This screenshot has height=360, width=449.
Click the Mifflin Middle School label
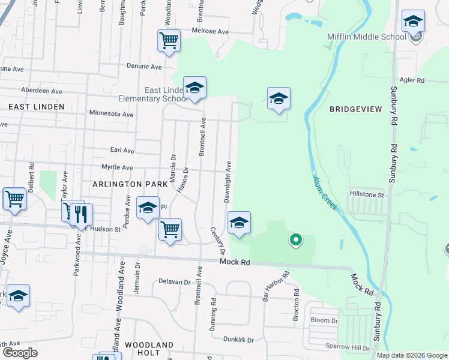[366, 37]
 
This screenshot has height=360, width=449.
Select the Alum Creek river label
[324, 193]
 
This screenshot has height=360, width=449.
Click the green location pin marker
[295, 240]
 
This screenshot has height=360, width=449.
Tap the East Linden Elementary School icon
[194, 89]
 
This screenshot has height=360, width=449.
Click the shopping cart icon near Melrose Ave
[169, 41]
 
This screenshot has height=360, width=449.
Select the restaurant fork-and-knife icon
[82, 214]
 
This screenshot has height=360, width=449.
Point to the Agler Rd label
[412, 80]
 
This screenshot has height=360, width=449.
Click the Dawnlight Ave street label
[228, 182]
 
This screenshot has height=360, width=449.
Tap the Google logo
[20, 352]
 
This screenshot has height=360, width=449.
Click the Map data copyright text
[411, 355]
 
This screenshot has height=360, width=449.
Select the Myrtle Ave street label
[116, 168]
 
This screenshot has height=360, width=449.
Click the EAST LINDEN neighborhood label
[36, 106]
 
